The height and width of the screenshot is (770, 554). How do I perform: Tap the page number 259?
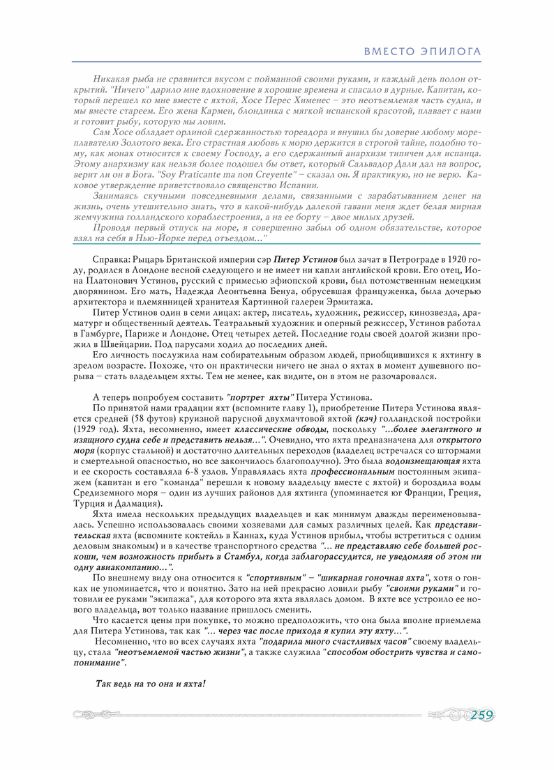point(481,715)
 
